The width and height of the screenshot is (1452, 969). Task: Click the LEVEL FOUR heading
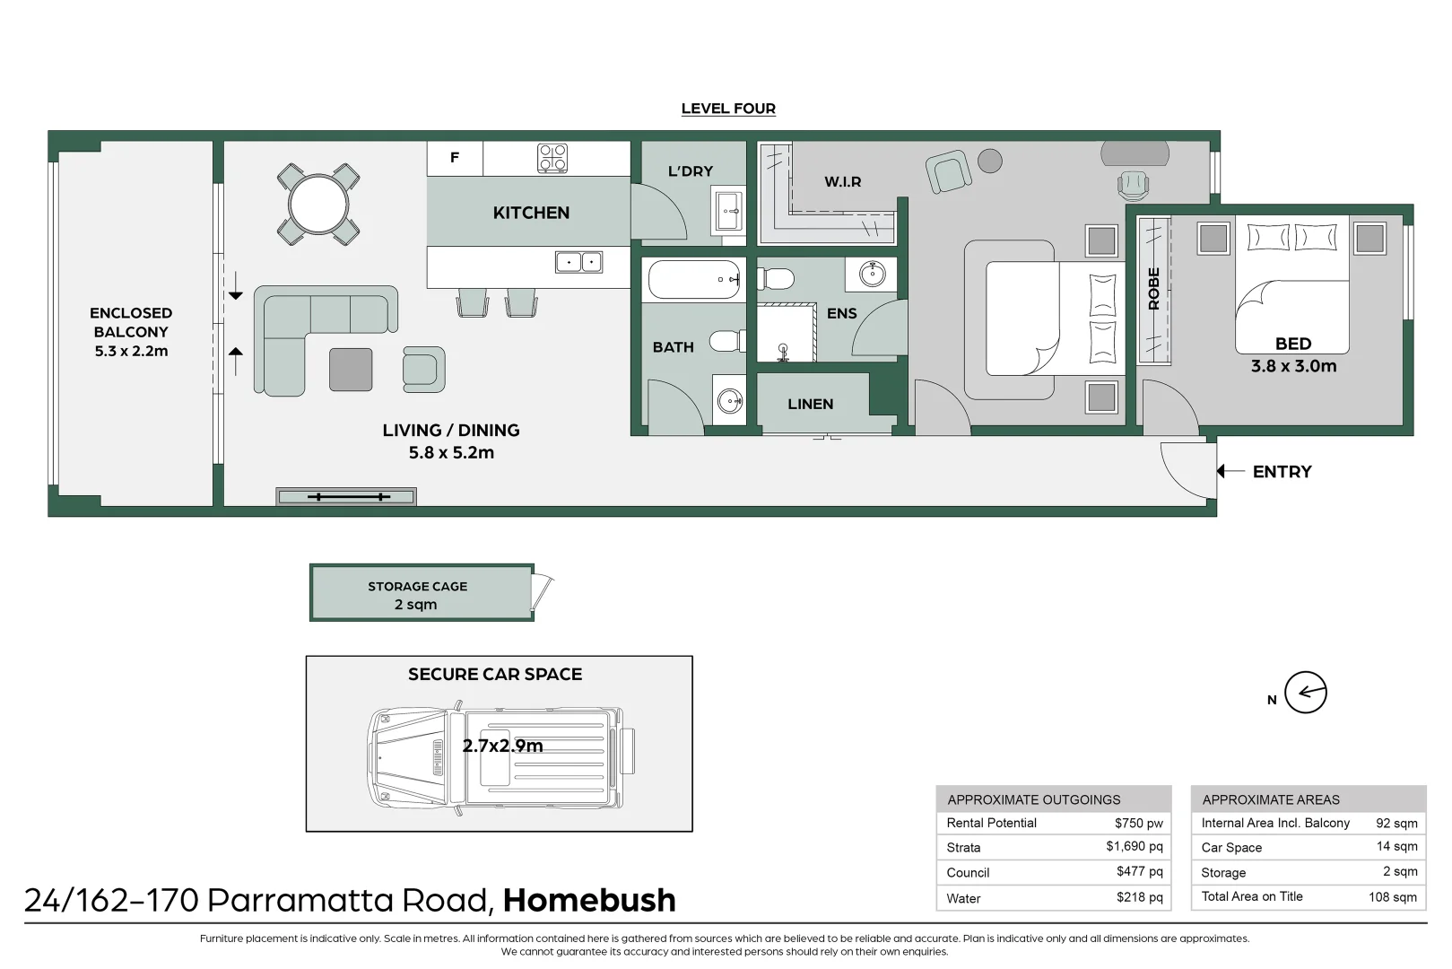(728, 109)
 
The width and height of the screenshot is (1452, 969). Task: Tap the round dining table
(318, 205)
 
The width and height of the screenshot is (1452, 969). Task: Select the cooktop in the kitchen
(552, 158)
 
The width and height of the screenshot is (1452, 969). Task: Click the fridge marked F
(455, 158)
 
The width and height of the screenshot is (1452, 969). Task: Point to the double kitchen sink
(578, 262)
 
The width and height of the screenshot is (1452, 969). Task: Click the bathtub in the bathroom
(694, 280)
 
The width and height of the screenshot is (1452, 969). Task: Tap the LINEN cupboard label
(810, 404)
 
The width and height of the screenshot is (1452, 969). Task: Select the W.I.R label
(843, 181)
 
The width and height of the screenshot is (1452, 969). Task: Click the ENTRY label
(1282, 472)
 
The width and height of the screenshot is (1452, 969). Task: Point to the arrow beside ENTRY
(1230, 471)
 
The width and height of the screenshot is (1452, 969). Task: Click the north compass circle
(1306, 692)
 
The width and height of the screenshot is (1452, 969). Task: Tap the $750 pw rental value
(1139, 823)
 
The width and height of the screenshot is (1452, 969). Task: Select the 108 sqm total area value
(1393, 897)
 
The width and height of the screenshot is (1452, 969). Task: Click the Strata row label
(963, 848)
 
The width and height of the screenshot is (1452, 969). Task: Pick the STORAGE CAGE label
(417, 586)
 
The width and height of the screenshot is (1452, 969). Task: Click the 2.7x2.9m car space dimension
(502, 746)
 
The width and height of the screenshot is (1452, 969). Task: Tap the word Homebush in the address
(589, 900)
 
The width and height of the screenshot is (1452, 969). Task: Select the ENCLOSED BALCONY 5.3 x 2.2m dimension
(132, 351)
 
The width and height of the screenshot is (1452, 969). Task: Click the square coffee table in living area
(351, 370)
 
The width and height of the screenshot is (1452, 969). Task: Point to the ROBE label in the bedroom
(1154, 289)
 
